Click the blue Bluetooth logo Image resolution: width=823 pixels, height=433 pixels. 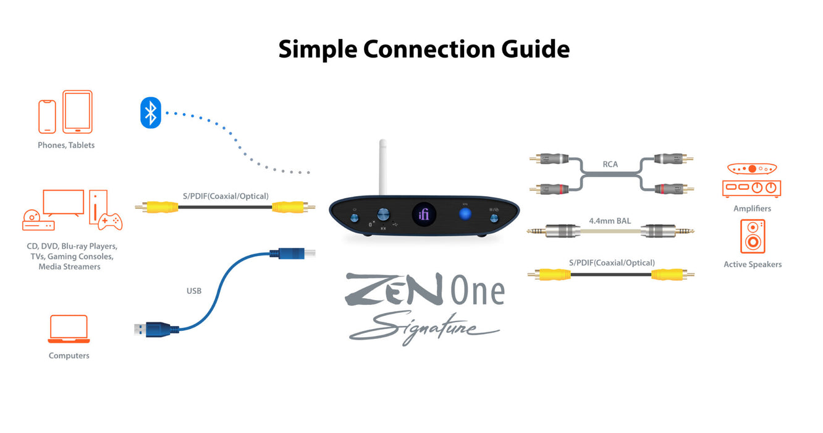pyautogui.click(x=150, y=112)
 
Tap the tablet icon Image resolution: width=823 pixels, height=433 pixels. pyautogui.click(x=77, y=112)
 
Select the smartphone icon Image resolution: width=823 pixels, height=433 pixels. pyautogui.click(x=47, y=116)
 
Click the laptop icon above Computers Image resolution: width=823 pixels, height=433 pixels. pyautogui.click(x=69, y=329)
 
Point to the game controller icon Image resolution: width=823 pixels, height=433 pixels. pyautogui.click(x=111, y=220)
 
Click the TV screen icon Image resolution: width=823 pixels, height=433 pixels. pyautogui.click(x=63, y=203)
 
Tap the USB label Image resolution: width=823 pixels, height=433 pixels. pyautogui.click(x=194, y=291)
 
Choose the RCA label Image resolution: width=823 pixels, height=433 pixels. pyautogui.click(x=610, y=165)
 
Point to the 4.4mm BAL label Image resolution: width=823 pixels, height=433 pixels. pyautogui.click(x=610, y=220)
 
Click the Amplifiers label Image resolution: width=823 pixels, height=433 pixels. pyautogui.click(x=752, y=208)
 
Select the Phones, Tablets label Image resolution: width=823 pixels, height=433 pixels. pyautogui.click(x=66, y=145)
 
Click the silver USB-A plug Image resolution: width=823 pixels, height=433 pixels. pyautogui.click(x=140, y=329)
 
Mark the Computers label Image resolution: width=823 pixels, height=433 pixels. pyautogui.click(x=69, y=356)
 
